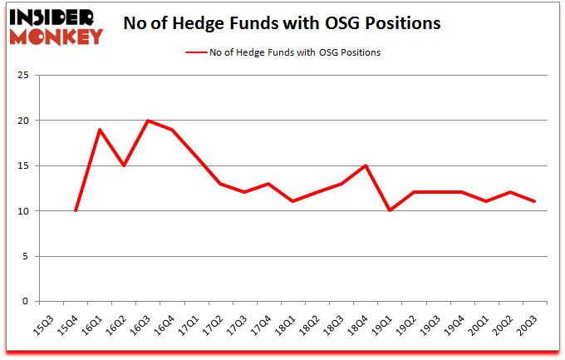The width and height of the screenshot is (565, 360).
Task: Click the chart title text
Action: point(282,24)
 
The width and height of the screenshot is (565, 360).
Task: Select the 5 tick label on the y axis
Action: point(27,257)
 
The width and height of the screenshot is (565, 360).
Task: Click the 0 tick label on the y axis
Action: point(27,302)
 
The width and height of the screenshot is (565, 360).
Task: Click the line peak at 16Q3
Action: point(147,121)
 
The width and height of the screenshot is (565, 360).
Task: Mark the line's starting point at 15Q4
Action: point(75,211)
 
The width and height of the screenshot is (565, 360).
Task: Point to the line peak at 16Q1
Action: point(99,130)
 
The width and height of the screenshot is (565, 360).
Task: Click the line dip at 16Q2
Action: point(123,165)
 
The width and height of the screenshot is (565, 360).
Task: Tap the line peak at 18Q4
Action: point(365,165)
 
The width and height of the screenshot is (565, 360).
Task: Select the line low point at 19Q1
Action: point(389,211)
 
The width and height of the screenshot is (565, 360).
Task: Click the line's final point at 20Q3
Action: point(533,202)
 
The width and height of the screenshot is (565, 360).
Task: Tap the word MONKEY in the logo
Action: point(56,36)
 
